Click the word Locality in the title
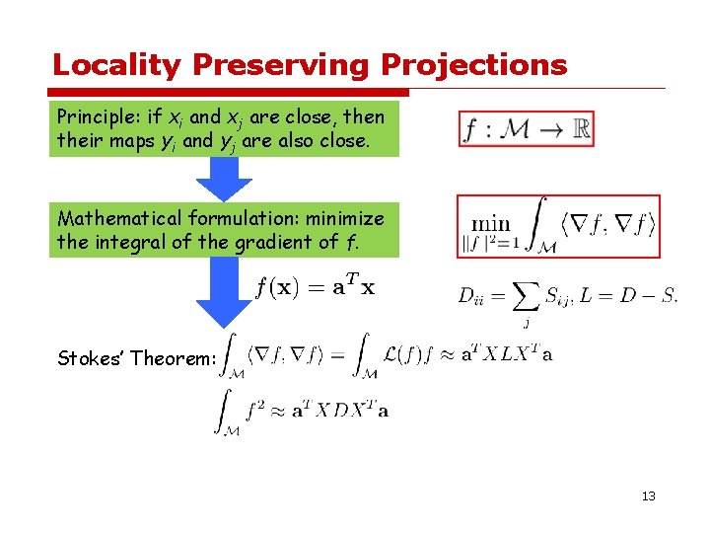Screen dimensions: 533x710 117,66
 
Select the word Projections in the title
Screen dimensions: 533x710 473,66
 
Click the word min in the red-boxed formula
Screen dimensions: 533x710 490,223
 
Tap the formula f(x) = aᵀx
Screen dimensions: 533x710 315,287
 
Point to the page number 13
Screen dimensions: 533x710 647,495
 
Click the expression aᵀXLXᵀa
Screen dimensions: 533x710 506,355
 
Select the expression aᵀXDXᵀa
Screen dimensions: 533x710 341,409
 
